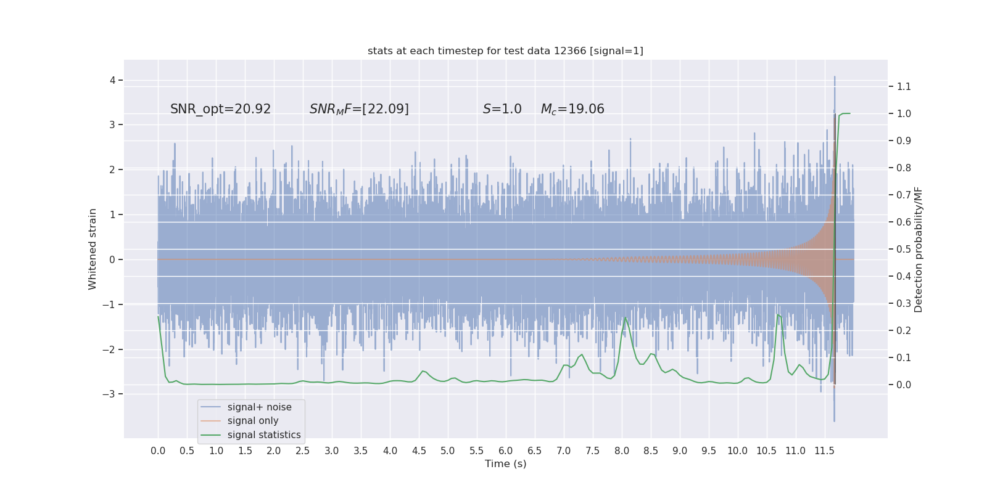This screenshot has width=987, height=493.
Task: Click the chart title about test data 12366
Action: pyautogui.click(x=505, y=51)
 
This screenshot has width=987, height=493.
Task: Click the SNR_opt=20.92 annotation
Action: pyautogui.click(x=220, y=109)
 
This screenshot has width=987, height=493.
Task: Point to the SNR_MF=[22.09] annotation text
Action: pyautogui.click(x=359, y=109)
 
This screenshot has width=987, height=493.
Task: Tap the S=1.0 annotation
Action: pyautogui.click(x=502, y=109)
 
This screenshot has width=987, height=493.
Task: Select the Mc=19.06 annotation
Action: pyautogui.click(x=572, y=109)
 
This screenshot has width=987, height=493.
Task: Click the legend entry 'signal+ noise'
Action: pyautogui.click(x=259, y=407)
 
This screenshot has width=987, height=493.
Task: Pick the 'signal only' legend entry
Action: pyautogui.click(x=253, y=421)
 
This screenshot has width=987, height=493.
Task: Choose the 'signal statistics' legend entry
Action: pyautogui.click(x=264, y=435)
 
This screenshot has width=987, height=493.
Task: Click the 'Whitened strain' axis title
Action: pyautogui.click(x=93, y=249)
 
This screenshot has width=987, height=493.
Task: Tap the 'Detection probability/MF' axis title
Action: pyautogui.click(x=919, y=249)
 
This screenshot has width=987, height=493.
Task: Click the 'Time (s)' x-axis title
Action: pyautogui.click(x=505, y=463)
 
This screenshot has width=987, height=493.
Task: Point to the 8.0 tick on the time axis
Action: pyautogui.click(x=622, y=450)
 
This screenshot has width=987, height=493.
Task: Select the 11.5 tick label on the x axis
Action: pyautogui.click(x=824, y=450)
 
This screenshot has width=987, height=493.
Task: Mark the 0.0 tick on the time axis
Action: pyautogui.click(x=158, y=450)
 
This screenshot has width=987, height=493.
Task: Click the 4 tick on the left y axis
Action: pyautogui.click(x=113, y=80)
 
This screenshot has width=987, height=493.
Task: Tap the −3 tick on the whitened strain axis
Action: pyautogui.click(x=110, y=394)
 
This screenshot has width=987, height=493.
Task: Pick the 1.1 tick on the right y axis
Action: pyautogui.click(x=904, y=86)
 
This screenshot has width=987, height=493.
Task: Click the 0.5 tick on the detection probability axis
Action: pyautogui.click(x=904, y=249)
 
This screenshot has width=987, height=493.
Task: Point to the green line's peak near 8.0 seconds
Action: pyautogui.click(x=625, y=317)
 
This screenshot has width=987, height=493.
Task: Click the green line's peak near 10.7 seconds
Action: pyautogui.click(x=777, y=315)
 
